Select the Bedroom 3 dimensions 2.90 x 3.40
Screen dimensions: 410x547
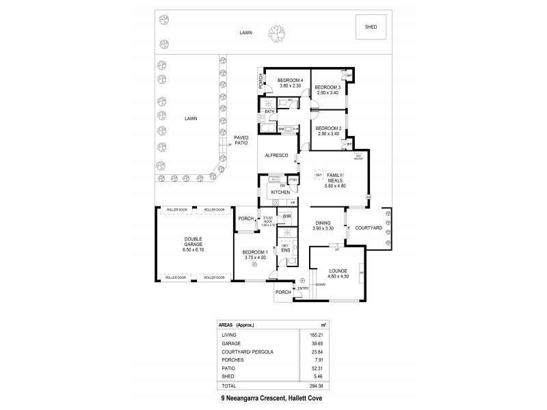point(327,92)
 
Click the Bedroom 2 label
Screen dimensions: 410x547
point(329,128)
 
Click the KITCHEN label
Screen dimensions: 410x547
point(281,193)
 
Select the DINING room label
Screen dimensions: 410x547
point(323,222)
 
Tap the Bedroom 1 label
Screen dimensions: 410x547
point(255,253)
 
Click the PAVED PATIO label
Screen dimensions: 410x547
point(241,140)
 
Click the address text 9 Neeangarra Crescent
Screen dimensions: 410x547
point(249,398)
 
